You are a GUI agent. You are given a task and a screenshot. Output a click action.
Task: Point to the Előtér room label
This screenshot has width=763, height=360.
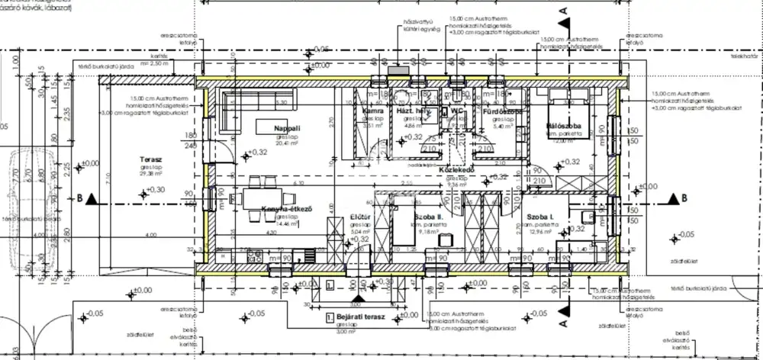pos(361,217)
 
